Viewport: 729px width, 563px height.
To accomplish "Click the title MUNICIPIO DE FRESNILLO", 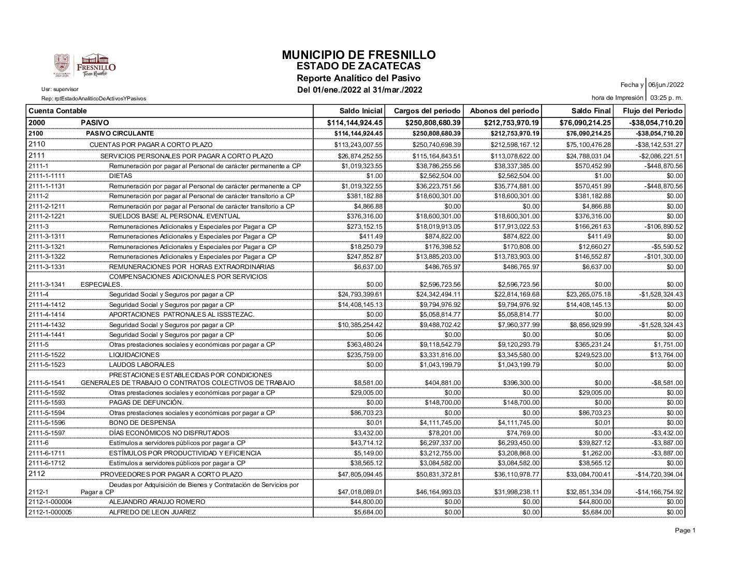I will tap(359, 55).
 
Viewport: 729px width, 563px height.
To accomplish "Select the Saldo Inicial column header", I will tap(361, 111).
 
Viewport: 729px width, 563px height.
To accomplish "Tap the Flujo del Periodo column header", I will tap(652, 111).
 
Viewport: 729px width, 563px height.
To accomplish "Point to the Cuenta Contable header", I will tap(57, 111).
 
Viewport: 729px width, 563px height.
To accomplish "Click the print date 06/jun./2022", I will tap(666, 85).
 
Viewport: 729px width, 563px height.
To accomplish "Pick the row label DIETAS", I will tap(121, 176).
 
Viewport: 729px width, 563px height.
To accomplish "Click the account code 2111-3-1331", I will tap(47, 267).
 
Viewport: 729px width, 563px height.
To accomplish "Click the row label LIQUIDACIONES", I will tap(134, 355).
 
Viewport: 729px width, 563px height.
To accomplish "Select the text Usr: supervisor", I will tap(60, 90).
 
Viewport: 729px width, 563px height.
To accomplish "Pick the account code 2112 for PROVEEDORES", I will tap(37, 474).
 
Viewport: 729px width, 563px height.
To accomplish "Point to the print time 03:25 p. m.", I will tap(666, 98).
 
